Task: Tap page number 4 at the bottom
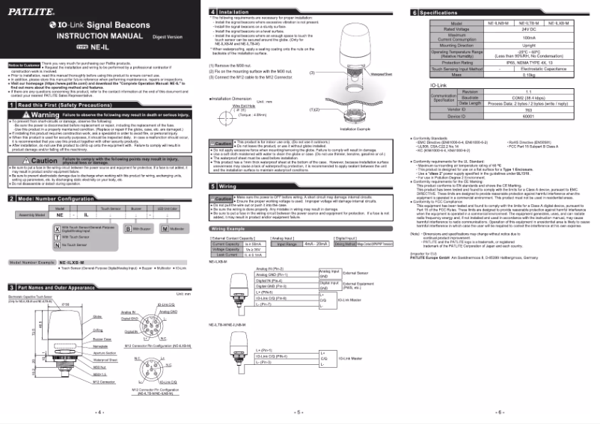tap(100, 412)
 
